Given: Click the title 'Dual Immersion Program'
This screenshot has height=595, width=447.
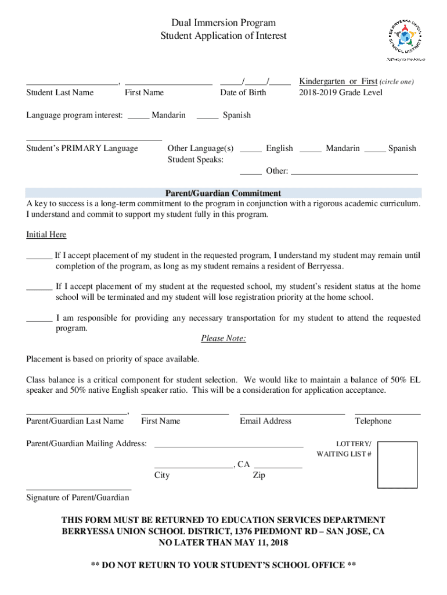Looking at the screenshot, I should tap(223, 23).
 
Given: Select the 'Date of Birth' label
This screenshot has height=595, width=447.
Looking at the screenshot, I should tap(243, 92).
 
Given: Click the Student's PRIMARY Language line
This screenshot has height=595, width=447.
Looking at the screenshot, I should tap(93, 140).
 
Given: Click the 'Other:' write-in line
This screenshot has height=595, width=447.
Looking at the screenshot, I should tap(354, 173).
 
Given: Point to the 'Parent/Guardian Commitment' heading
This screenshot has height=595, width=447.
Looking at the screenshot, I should tap(223, 193).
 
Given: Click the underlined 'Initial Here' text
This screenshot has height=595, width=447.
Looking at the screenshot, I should tap(46, 235).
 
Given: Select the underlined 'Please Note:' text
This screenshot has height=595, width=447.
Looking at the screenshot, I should tap(223, 339).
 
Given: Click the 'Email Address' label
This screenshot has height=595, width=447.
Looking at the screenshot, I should tap(265, 421).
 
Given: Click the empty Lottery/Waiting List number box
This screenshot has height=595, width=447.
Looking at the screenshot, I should tap(397, 465).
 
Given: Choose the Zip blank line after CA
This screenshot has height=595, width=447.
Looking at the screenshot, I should tap(278, 467).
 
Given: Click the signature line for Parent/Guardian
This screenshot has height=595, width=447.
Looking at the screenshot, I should tap(78, 489).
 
